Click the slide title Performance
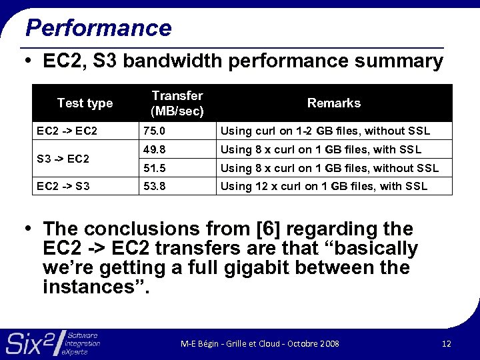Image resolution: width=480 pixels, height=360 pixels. [98, 28]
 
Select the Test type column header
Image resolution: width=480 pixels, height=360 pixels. [85, 103]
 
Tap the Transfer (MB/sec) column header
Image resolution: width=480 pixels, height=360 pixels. [177, 103]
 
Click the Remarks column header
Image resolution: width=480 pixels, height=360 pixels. [333, 103]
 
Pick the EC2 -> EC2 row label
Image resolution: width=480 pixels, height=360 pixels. [67, 131]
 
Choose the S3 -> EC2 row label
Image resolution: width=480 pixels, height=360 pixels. [63, 159]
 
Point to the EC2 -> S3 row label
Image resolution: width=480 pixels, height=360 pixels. [63, 186]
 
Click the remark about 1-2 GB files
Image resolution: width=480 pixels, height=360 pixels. [325, 131]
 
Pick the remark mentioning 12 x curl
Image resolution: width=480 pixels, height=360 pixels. [324, 186]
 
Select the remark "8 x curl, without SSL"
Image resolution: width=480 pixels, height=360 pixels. [329, 168]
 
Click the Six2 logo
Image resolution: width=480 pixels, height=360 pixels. [53, 343]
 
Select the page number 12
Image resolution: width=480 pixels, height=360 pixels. [446, 344]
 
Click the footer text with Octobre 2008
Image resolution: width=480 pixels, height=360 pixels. [260, 344]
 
